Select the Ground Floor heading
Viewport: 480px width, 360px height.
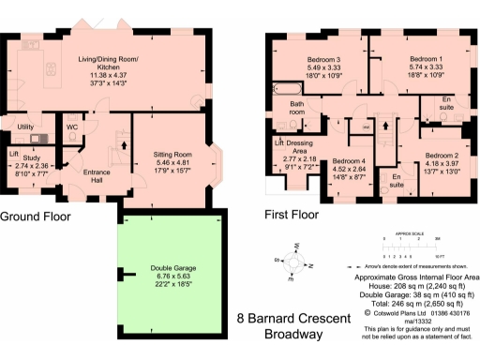pyautogui.click(x=40, y=215)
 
